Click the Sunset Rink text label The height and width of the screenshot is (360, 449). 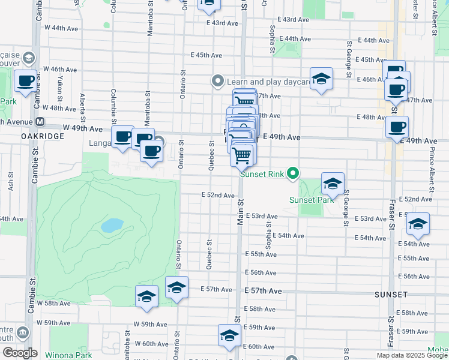click(261, 175)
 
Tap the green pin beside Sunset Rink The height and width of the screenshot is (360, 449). click(293, 175)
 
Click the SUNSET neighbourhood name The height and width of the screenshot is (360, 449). click(391, 295)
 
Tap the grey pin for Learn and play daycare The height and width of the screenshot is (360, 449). click(217, 80)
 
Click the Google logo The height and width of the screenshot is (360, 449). click(20, 353)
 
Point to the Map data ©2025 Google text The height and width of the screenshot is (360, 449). click(412, 355)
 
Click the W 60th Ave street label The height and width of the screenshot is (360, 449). click(151, 344)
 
